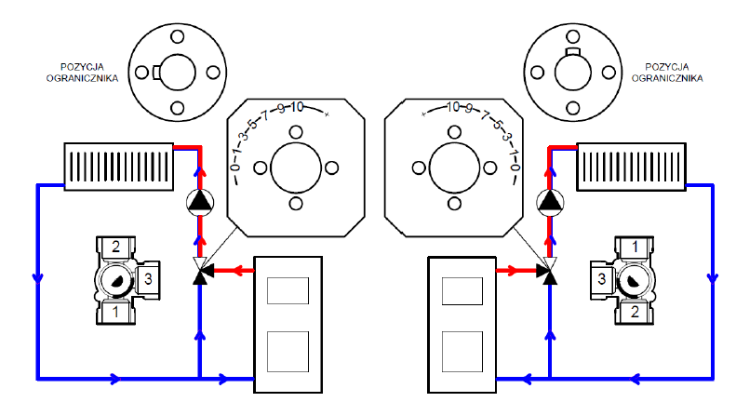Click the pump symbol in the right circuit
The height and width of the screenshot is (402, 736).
click(x=549, y=201)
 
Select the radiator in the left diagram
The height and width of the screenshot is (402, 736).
click(x=117, y=166)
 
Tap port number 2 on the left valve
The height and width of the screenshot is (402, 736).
click(x=116, y=247)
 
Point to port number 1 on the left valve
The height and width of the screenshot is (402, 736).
click(x=116, y=310)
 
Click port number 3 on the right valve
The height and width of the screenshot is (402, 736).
click(x=603, y=278)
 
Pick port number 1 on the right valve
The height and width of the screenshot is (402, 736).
click(x=634, y=247)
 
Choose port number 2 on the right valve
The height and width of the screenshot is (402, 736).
click(x=634, y=310)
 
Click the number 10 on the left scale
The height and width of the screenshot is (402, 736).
click(x=297, y=108)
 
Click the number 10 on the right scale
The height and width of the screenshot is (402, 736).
click(x=453, y=108)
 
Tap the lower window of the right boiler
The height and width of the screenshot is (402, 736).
click(x=461, y=350)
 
